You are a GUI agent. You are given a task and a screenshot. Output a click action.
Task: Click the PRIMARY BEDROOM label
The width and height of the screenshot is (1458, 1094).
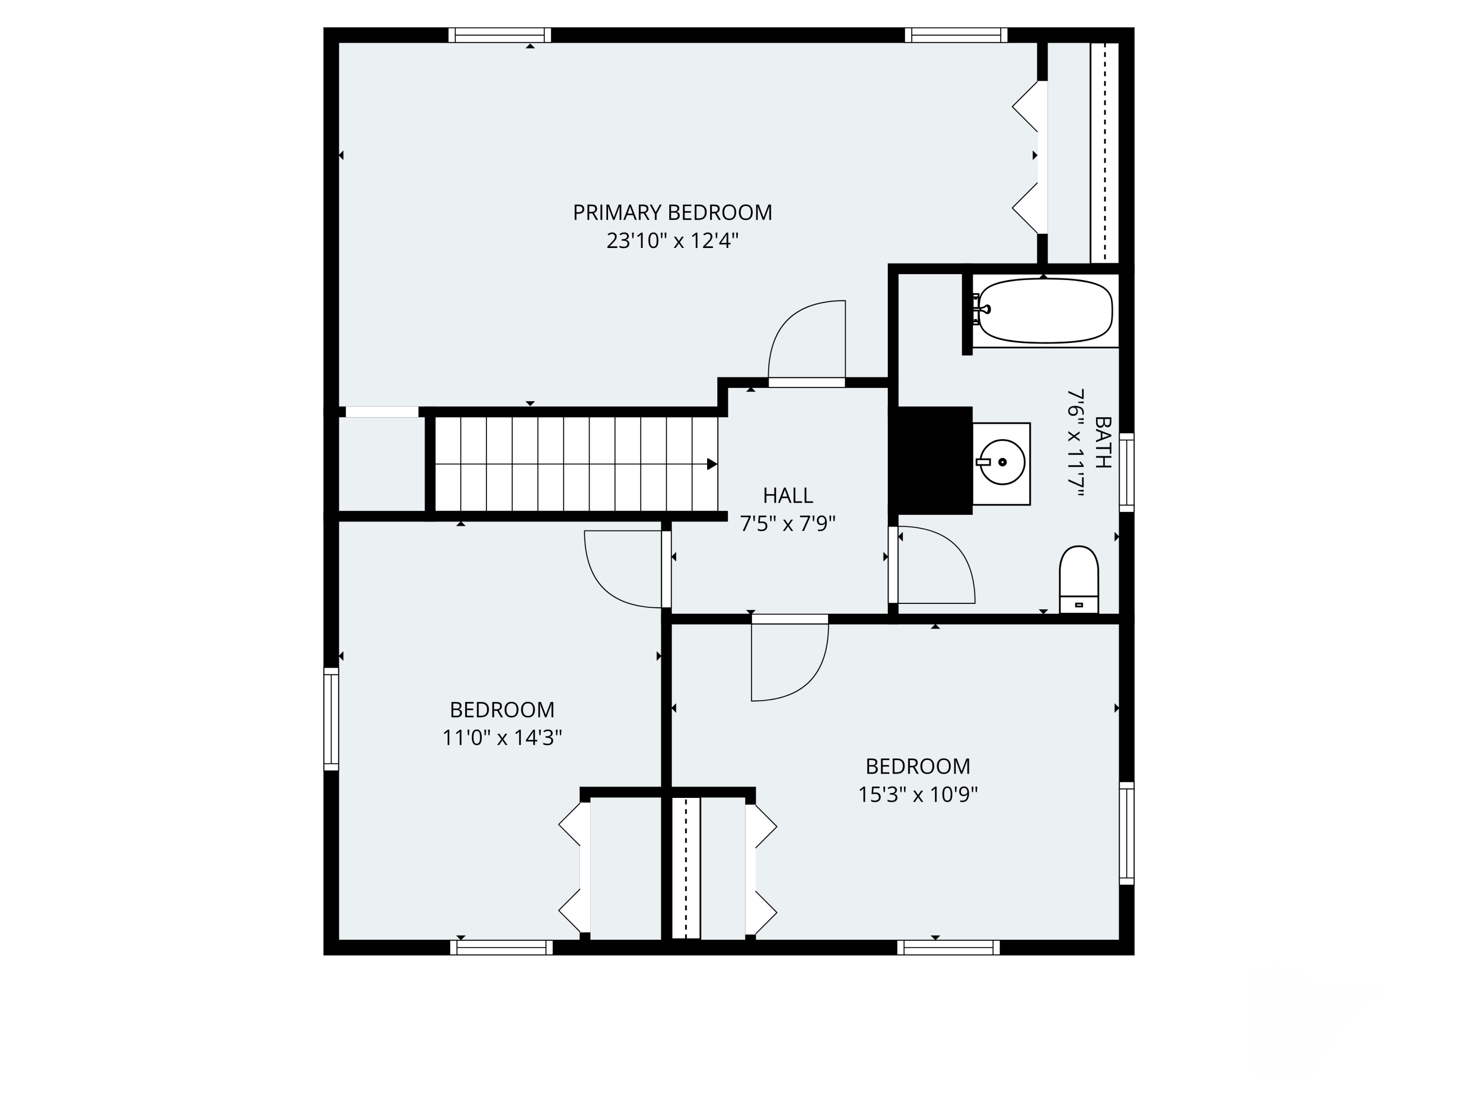click(672, 212)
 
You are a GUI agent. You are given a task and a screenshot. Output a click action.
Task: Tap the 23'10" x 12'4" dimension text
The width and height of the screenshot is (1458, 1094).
click(672, 241)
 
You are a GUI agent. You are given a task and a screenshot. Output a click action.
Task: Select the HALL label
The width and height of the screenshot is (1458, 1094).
click(788, 495)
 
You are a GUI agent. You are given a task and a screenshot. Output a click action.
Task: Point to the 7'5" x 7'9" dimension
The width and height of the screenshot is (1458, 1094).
click(788, 524)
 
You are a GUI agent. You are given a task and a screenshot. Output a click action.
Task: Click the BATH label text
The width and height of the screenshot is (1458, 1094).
click(1103, 442)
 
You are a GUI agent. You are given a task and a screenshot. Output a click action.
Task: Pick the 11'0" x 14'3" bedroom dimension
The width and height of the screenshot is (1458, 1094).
click(502, 737)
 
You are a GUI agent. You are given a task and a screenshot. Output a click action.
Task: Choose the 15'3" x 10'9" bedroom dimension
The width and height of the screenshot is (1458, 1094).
click(918, 794)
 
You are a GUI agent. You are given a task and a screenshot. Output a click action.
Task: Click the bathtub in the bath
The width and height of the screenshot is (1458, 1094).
click(1045, 311)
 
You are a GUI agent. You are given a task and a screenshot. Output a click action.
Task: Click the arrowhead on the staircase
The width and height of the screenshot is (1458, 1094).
click(712, 464)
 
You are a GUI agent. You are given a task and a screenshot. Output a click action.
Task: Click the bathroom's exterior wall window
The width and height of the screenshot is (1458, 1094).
click(1127, 472)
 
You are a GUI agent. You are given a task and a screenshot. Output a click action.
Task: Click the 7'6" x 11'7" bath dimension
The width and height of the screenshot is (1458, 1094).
click(1076, 442)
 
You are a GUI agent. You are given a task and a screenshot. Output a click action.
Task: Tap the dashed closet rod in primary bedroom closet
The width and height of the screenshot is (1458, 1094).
click(1104, 153)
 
